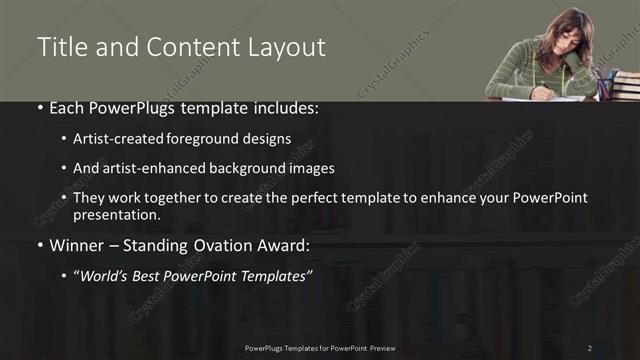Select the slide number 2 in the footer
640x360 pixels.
coord(590,348)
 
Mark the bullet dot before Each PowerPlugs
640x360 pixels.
coord(39,107)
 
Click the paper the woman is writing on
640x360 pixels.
coord(545,98)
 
